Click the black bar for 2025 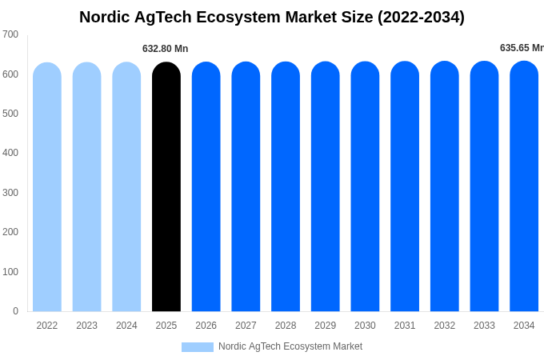coord(166,188)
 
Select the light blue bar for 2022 coord(47,188)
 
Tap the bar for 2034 coord(524,188)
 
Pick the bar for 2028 coord(286,188)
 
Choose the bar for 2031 coord(405,188)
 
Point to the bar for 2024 coord(126,188)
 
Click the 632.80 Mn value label coord(166,49)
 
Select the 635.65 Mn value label coord(521,48)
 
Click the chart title coord(272,17)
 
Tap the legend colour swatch coord(198,347)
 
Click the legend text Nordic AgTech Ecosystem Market coord(290,346)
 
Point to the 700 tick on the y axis coord(10,34)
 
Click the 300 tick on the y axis coord(10,193)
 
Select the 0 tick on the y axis coord(15,311)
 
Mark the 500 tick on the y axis coord(10,114)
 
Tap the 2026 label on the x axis coord(206,326)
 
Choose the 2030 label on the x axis coord(365,326)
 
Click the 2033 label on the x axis coord(484,326)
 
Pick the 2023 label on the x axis coord(86,326)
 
